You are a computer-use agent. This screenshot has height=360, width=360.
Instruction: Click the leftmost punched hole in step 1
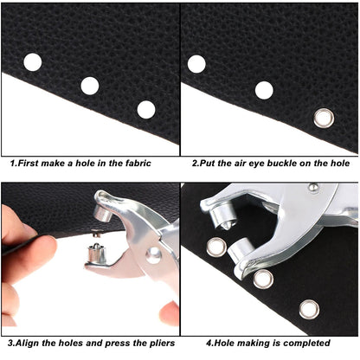coord(33,62)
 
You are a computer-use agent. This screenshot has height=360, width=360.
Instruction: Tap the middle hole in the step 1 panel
coord(90,85)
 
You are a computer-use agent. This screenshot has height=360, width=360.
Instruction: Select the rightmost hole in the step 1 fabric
coord(146,109)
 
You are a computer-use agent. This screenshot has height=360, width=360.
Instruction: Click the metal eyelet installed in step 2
coord(324,117)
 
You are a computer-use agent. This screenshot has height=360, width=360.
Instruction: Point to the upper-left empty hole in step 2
coord(197,63)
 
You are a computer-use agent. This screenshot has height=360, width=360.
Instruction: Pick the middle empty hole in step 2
coord(264,90)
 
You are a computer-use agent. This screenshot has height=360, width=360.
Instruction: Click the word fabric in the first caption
coord(132,163)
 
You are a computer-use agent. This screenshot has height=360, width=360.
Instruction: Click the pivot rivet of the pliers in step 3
coord(153,254)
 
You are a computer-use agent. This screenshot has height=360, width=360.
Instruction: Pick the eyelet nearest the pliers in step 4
coord(216,247)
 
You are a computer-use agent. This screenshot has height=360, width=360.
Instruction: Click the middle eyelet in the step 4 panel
coord(263,278)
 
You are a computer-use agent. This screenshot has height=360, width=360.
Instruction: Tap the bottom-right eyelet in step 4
coord(309,309)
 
